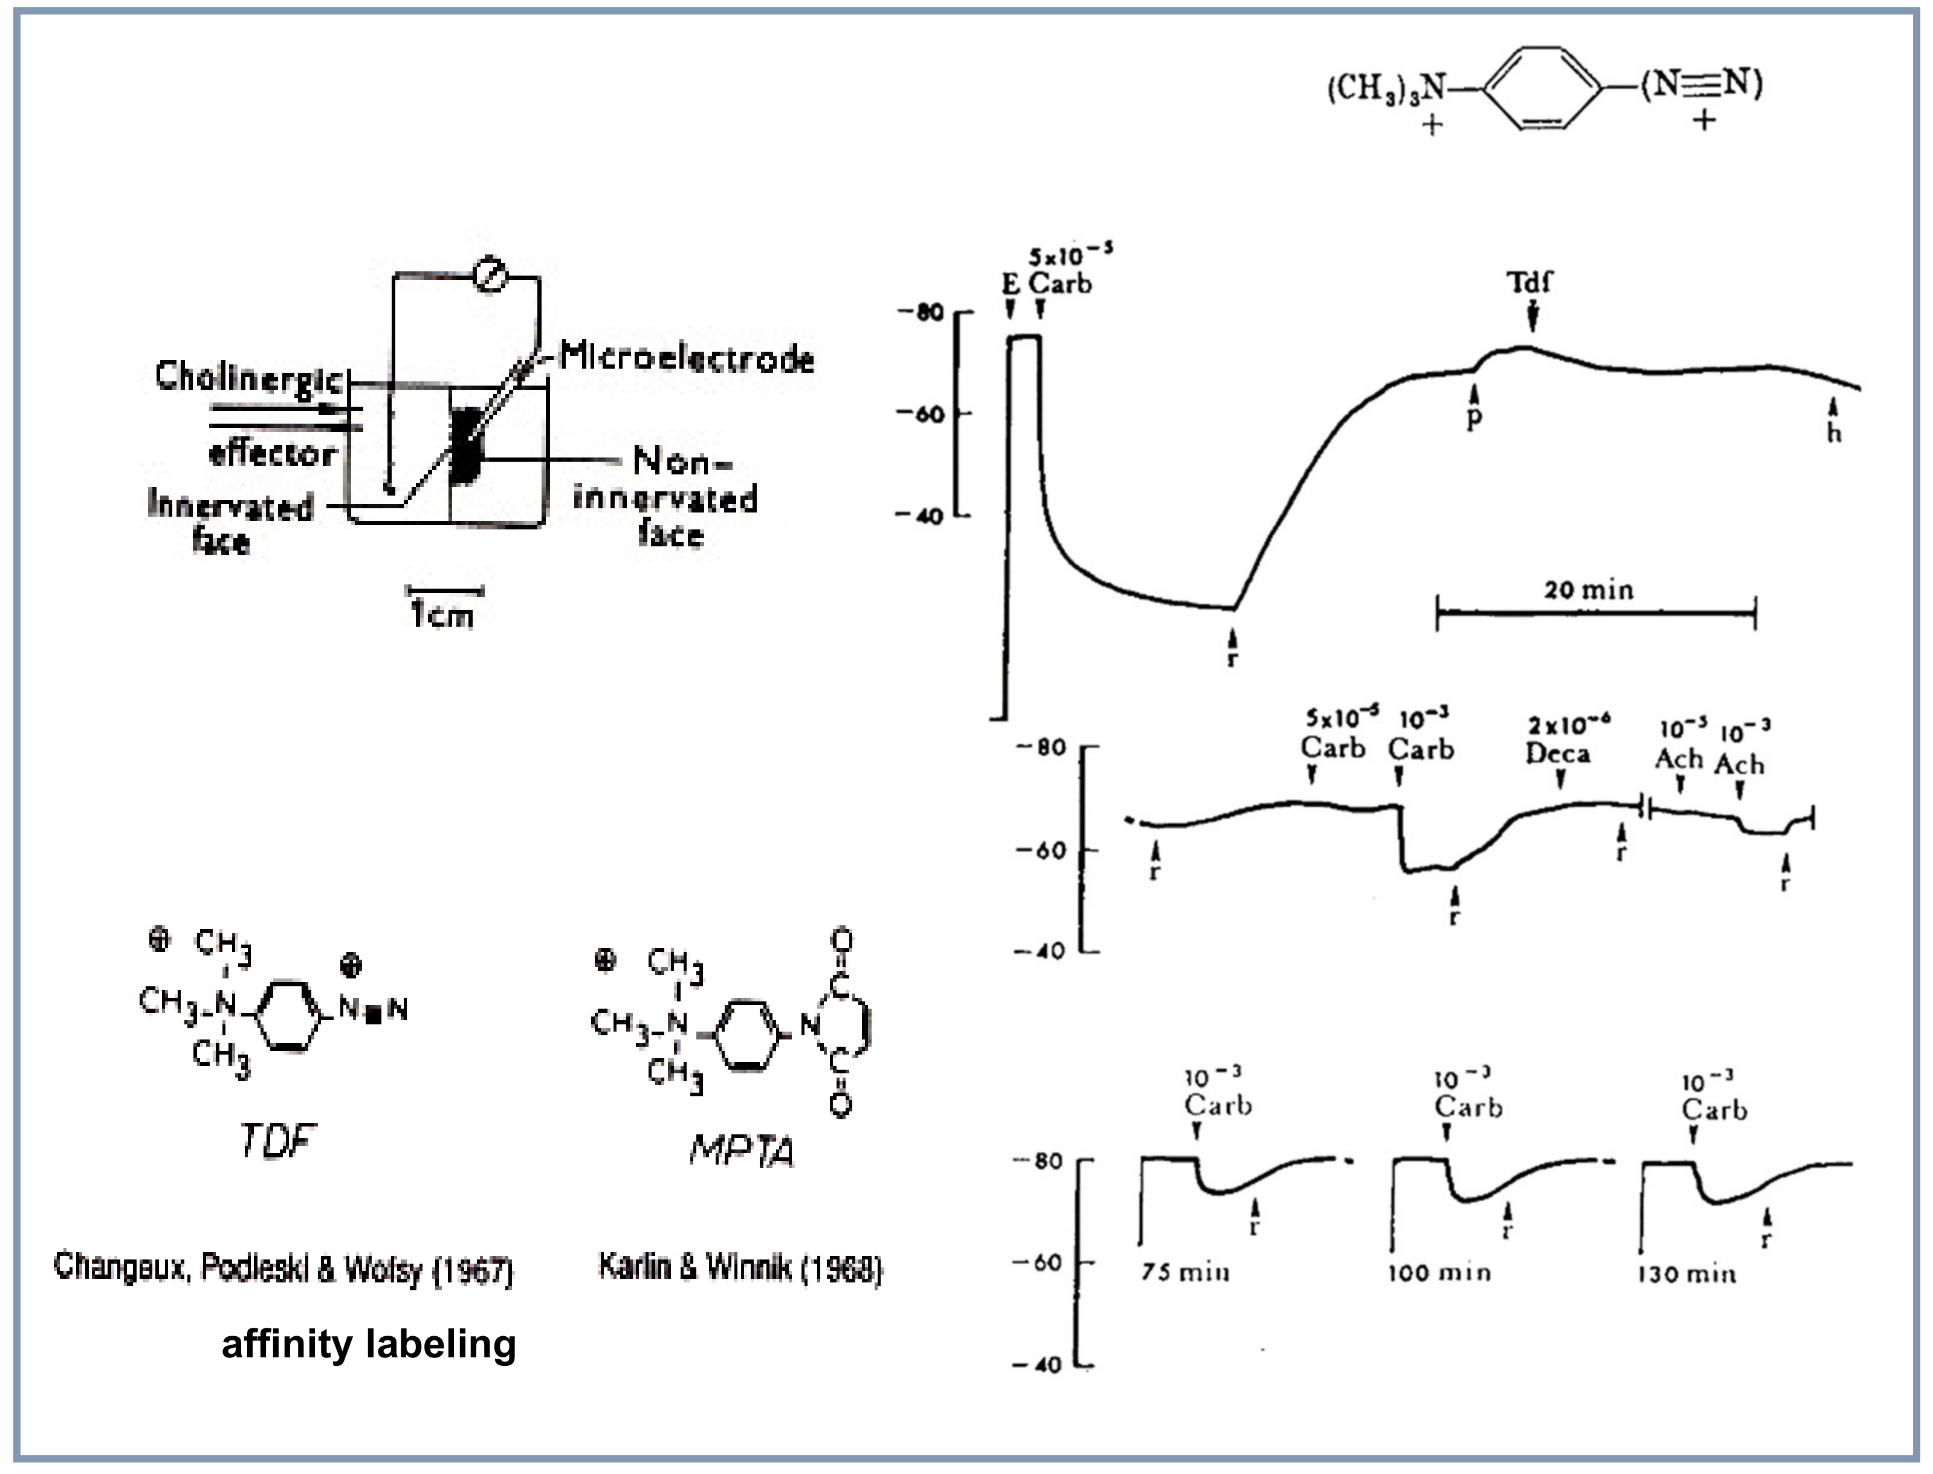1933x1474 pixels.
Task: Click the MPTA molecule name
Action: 742,1149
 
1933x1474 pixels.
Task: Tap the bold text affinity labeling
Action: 369,1343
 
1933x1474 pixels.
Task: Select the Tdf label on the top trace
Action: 1529,282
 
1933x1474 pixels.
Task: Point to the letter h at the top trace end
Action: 1834,433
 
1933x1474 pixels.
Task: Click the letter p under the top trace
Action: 1474,417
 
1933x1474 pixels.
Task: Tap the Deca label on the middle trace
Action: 1558,753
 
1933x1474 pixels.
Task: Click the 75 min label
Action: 1185,1272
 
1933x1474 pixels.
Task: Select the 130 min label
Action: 1686,1273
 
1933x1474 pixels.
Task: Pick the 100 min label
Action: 1439,1272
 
